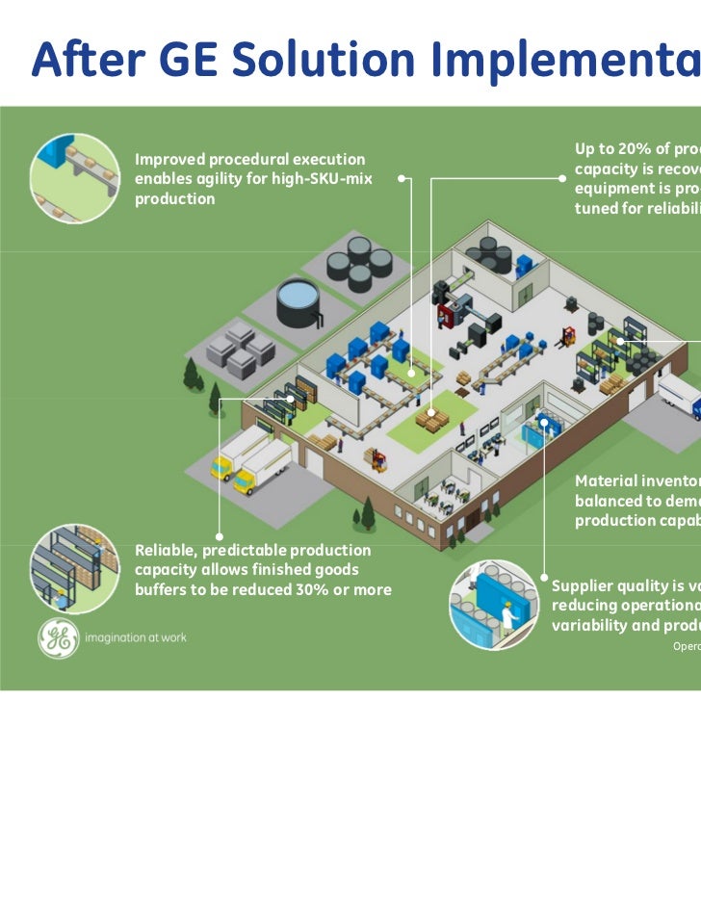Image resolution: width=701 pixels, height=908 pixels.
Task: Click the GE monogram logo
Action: point(59,637)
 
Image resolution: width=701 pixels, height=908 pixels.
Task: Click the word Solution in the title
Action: point(298,60)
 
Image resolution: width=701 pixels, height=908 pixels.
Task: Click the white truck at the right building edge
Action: point(680,396)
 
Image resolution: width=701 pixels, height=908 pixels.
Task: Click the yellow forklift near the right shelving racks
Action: point(569,336)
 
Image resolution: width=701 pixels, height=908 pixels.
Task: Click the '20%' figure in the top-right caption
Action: point(639,148)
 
